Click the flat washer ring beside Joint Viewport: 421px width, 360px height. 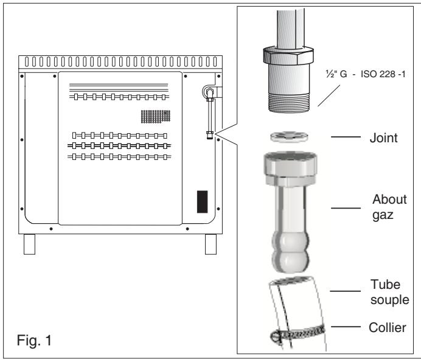(x=286, y=137)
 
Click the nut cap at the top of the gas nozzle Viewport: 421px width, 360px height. (x=286, y=170)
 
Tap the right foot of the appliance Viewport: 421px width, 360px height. (x=211, y=244)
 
